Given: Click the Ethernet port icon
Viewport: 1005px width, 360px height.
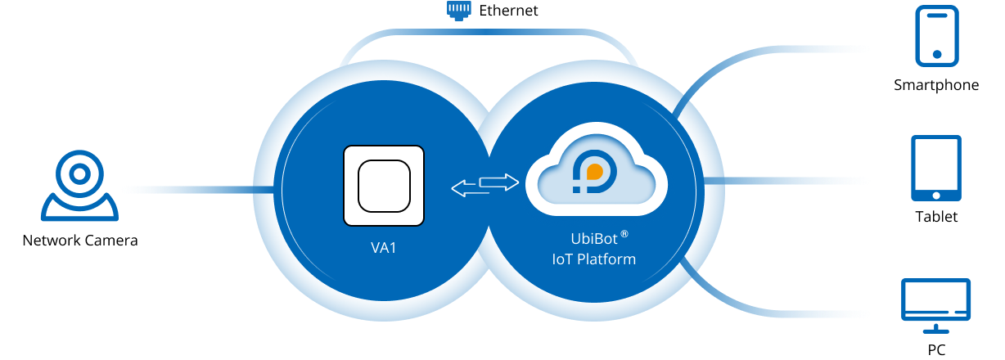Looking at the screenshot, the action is click(458, 11).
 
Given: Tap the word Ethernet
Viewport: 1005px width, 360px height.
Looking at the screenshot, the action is click(508, 11).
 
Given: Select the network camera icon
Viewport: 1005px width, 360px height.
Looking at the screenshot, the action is click(80, 186).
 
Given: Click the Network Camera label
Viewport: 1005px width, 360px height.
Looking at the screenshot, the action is click(80, 241).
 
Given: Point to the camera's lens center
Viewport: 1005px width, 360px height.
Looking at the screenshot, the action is click(80, 174).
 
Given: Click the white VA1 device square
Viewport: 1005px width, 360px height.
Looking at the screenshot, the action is click(384, 186).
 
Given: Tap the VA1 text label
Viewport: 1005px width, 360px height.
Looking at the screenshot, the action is click(384, 248).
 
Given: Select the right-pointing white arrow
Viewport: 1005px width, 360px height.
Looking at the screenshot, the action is click(499, 182).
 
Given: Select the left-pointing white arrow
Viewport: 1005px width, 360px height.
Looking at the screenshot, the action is click(471, 188).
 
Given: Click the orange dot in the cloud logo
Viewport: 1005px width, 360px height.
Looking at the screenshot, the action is click(594, 172).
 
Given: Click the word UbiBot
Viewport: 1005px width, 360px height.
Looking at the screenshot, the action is click(594, 239).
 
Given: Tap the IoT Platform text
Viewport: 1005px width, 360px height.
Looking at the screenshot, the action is click(594, 259).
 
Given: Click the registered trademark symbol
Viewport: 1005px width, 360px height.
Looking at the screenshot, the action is click(624, 234).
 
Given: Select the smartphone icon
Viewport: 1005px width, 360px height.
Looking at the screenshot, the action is click(937, 36).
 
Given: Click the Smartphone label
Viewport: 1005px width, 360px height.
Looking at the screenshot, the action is click(936, 85).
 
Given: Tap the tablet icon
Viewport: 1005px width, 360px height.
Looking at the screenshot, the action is click(936, 168).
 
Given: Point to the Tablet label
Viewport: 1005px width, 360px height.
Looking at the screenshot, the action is click(936, 217).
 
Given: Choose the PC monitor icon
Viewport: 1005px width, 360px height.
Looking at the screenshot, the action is click(936, 306).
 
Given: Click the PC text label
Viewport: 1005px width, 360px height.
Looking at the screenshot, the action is click(936, 349).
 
